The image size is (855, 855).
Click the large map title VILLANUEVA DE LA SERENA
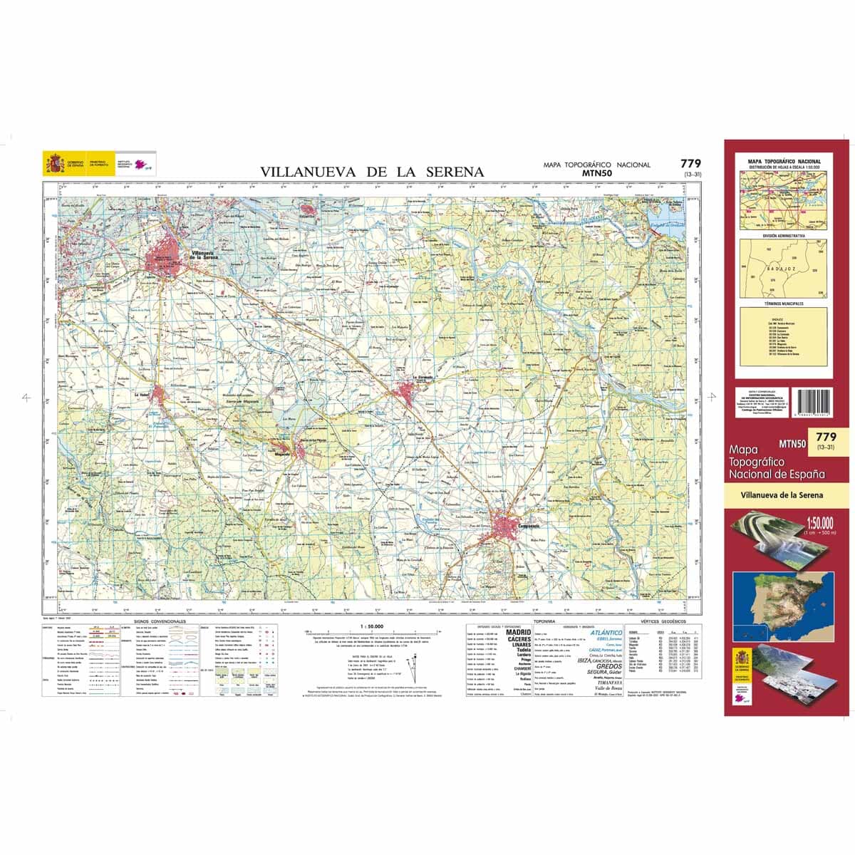(x=371, y=172)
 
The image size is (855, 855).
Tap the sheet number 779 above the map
(x=690, y=163)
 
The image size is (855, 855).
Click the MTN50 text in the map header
(x=596, y=172)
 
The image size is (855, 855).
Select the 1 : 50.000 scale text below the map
(x=372, y=626)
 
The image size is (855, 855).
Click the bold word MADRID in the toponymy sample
(x=518, y=632)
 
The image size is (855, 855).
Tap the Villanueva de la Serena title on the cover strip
(x=782, y=494)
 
